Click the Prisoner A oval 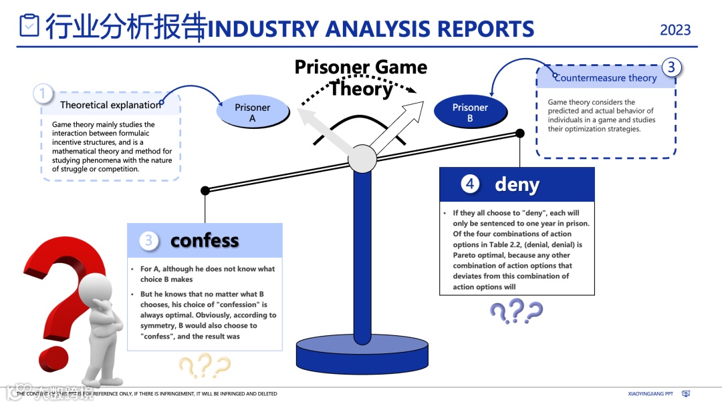[252, 112]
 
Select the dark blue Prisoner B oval [470, 112]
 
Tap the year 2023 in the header [675, 30]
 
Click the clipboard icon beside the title [29, 26]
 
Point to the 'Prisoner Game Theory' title [361, 77]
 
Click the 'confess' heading [205, 240]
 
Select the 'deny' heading [517, 184]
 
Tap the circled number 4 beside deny [471, 184]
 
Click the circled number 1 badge [43, 94]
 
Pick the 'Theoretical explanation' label [111, 105]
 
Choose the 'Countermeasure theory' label [606, 78]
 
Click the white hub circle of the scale [362, 159]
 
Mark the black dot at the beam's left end [205, 190]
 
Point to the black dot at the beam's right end [520, 134]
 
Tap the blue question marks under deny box [516, 311]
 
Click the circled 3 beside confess [149, 240]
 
